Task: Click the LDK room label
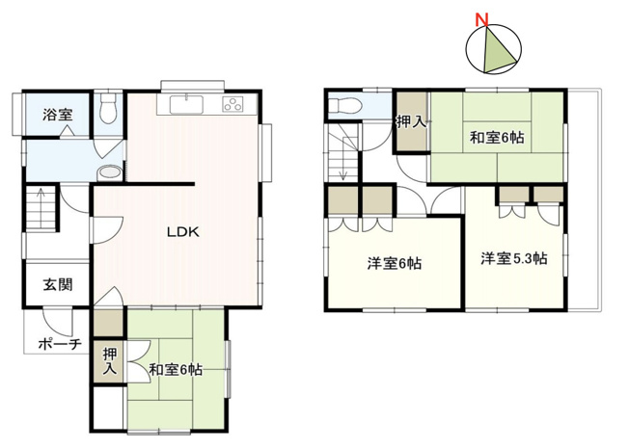click(181, 231)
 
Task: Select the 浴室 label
click(56, 115)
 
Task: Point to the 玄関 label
click(56, 285)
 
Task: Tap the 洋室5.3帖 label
click(514, 258)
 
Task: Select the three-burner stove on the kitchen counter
click(234, 104)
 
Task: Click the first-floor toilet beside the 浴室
click(107, 108)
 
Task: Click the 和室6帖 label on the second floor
click(497, 138)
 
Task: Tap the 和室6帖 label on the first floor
click(176, 369)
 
